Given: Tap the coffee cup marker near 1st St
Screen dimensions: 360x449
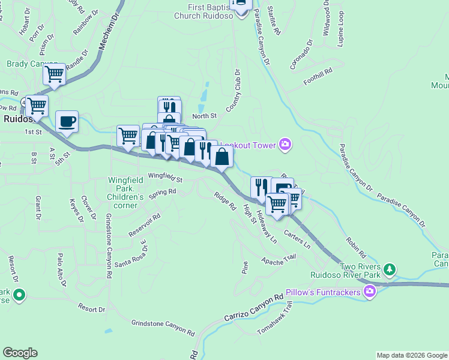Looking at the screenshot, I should point(67,122).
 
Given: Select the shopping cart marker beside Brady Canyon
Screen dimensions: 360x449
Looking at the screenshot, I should point(54,75).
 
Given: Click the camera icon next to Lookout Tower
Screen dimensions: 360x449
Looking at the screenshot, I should point(285,144).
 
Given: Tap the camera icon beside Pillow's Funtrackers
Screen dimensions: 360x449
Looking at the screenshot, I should point(369,292).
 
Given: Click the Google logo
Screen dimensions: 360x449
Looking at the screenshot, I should point(20,353).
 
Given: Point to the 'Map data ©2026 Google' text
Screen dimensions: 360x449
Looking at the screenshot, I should point(411,355).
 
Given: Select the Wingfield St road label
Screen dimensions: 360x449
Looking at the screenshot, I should point(165,177).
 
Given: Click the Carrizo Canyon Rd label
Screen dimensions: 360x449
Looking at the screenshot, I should point(253,307).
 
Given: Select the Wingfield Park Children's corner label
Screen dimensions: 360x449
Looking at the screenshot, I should point(125,193).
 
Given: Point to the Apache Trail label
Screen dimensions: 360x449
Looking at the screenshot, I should point(279,259).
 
